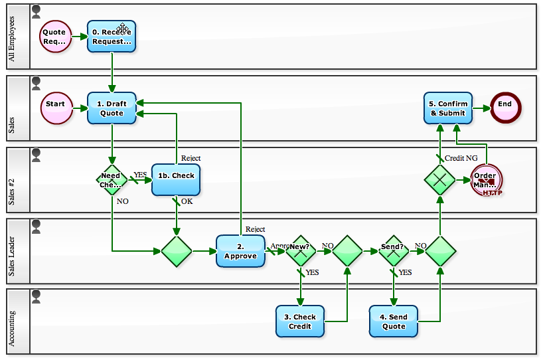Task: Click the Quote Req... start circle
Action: [55, 37]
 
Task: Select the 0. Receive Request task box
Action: [112, 37]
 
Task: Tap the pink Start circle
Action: [56, 108]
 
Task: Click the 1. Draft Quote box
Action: [112, 108]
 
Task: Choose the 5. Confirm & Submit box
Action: [448, 108]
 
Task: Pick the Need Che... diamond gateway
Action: [112, 180]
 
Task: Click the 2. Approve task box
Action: [240, 251]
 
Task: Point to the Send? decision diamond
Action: [394, 250]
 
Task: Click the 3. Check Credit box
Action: [300, 321]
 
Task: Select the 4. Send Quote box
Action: [394, 321]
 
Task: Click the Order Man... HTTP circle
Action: [486, 180]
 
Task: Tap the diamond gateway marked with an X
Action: [440, 179]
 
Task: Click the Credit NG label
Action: [461, 158]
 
